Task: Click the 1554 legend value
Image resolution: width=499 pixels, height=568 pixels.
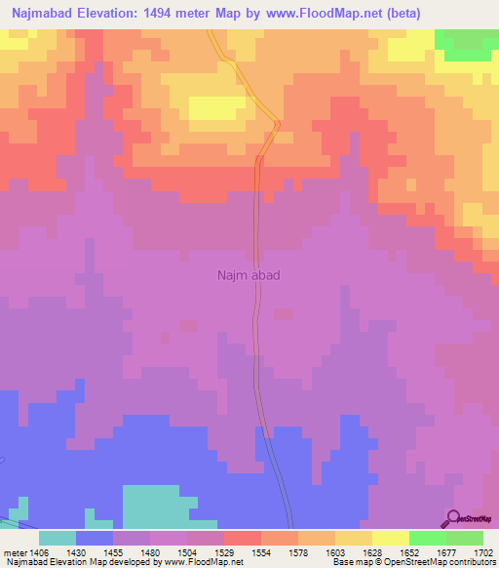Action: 260,551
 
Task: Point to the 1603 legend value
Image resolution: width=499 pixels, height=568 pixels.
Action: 334,551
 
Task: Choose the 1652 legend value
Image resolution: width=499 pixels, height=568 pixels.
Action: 408,551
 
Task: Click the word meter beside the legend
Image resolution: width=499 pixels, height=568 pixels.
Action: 13,551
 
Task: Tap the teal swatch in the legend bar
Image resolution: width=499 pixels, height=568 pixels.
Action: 58,538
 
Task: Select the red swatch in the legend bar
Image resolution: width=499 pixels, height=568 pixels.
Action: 242,538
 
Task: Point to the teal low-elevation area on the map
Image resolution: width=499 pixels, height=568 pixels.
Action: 156,504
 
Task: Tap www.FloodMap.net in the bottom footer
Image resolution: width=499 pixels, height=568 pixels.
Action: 203,562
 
